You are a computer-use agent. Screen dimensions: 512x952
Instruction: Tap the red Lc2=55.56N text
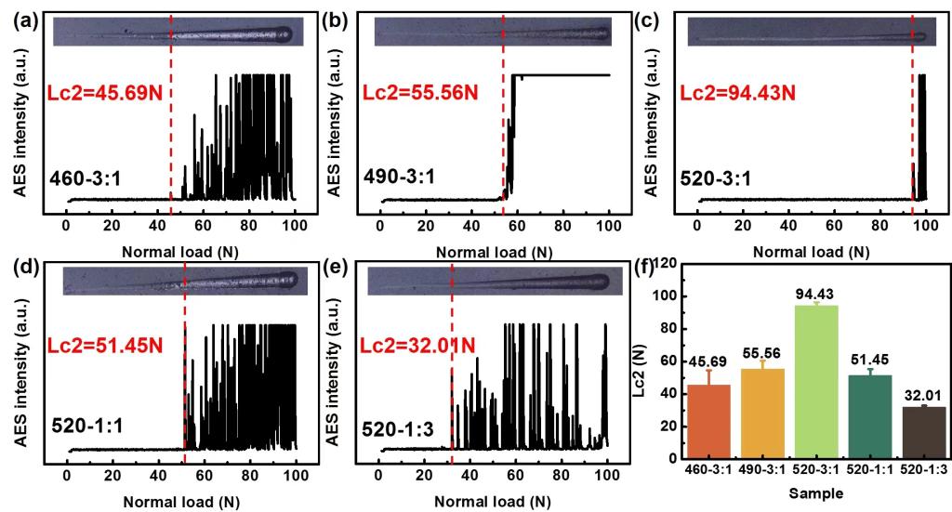coord(418,93)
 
